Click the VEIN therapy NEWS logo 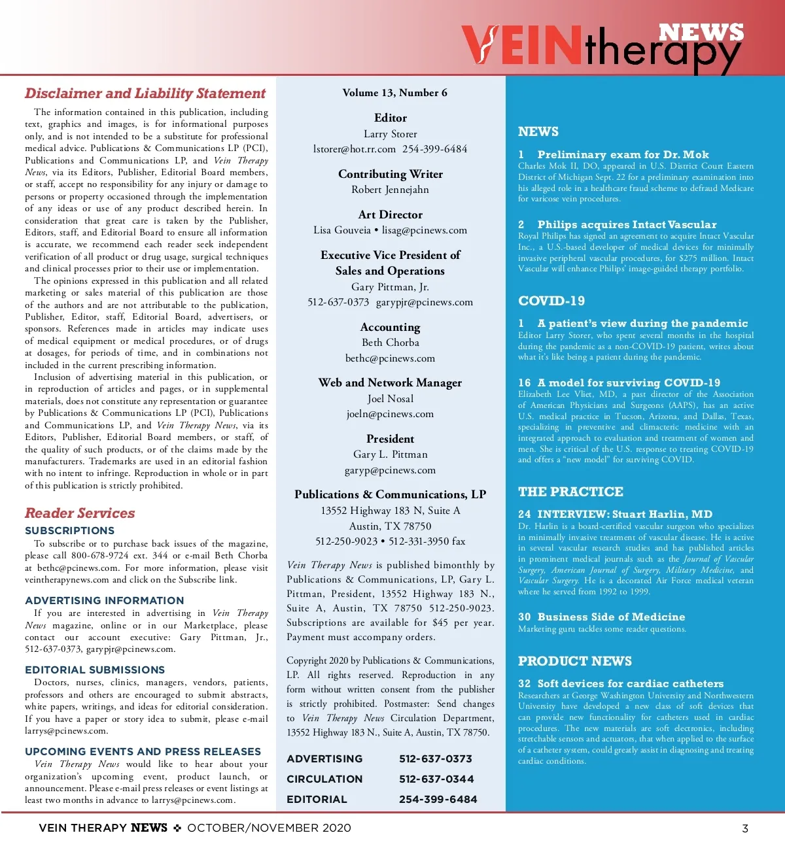[x=602, y=46]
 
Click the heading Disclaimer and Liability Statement [x=145, y=93]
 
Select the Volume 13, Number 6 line [x=394, y=93]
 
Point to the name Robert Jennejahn [x=390, y=190]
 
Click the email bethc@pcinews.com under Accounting [x=390, y=358]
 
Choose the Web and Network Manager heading [x=390, y=382]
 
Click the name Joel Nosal [x=390, y=399]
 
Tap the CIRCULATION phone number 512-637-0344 [x=436, y=779]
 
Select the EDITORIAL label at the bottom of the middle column [x=317, y=799]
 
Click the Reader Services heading [x=80, y=513]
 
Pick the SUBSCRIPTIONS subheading [x=69, y=531]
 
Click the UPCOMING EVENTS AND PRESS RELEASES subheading [x=143, y=752]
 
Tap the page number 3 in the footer [x=744, y=828]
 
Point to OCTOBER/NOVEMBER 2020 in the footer [x=269, y=828]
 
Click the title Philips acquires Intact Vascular [x=627, y=225]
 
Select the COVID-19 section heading [x=551, y=301]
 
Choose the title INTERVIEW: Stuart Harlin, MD [x=625, y=515]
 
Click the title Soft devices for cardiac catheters [x=630, y=684]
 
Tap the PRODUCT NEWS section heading [x=575, y=661]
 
